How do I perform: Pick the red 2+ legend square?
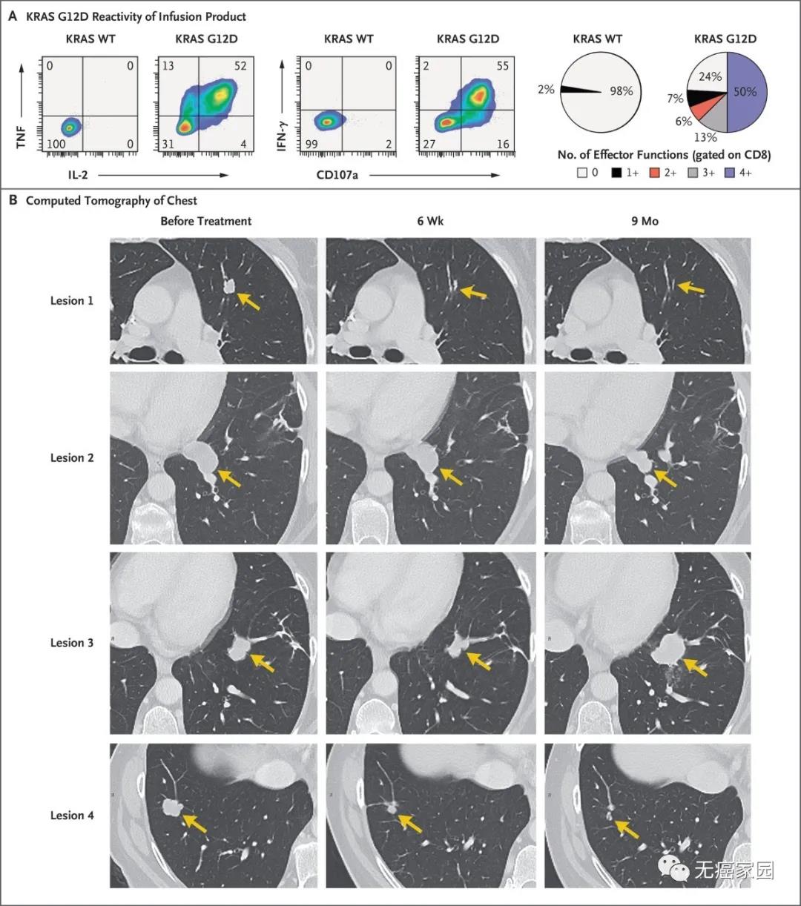point(655,172)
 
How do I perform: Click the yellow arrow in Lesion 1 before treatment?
point(249,300)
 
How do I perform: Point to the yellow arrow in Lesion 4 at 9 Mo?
point(627,829)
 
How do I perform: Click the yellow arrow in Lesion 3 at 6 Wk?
point(478,661)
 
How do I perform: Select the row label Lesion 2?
point(72,457)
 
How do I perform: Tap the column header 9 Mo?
point(645,221)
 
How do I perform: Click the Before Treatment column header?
point(206,221)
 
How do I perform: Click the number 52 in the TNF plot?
point(240,66)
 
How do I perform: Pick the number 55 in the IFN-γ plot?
point(503,66)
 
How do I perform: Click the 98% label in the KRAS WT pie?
point(622,91)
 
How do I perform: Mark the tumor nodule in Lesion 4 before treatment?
point(172,806)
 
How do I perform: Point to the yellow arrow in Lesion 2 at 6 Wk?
point(451,477)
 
